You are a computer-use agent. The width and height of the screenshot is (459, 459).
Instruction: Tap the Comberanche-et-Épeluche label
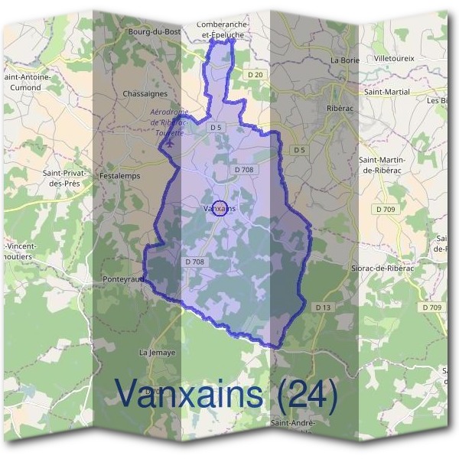click(224, 29)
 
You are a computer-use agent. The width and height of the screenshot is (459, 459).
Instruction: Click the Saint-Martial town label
click(386, 92)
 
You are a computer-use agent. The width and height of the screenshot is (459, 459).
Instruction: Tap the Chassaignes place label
click(145, 93)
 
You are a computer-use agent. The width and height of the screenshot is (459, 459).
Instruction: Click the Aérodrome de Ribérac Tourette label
click(168, 122)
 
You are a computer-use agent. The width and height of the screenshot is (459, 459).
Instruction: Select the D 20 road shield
click(256, 74)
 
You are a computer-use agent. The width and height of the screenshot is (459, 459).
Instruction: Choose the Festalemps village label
click(118, 175)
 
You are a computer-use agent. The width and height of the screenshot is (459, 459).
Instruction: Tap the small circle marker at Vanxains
click(220, 208)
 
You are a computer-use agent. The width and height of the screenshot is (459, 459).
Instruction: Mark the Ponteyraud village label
click(123, 280)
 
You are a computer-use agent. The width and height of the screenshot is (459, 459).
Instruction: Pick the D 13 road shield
click(324, 307)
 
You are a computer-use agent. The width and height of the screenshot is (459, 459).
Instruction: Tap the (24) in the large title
click(307, 394)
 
